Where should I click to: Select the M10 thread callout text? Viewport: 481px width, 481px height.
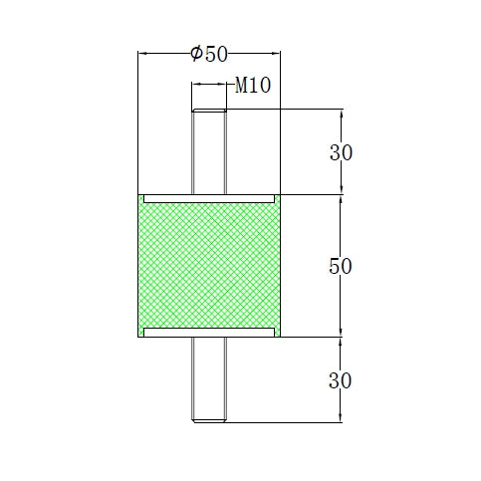[253, 87]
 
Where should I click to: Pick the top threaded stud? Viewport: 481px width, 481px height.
[209, 149]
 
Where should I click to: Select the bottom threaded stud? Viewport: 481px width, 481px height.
[209, 383]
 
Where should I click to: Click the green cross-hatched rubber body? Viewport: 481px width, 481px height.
[209, 266]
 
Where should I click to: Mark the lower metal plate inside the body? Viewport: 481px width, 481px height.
[209, 331]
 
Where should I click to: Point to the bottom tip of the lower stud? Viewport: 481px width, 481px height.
[209, 423]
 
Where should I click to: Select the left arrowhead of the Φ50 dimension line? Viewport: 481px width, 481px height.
[141, 54]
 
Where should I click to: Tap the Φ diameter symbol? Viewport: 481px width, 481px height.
[195, 54]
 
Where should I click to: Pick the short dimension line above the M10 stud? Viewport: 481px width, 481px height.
[209, 88]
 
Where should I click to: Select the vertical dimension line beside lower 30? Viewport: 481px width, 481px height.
[342, 380]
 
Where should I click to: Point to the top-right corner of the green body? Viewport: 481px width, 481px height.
[281, 195]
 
